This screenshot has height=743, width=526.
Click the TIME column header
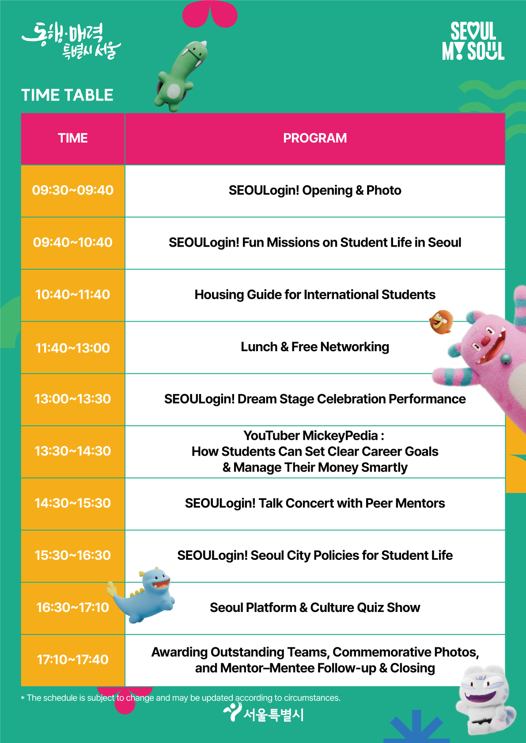73,138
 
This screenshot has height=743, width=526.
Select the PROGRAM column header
315,138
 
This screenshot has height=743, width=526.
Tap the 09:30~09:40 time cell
73,191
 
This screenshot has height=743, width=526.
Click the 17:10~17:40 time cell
73,660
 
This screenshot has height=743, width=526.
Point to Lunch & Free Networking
315,347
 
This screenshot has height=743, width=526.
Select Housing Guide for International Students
315,295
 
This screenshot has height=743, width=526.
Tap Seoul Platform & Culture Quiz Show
315,608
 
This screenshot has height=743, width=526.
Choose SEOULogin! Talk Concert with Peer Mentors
315,503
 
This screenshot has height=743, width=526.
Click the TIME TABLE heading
67,95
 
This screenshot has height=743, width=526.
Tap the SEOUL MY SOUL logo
473,41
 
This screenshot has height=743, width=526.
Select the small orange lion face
441,322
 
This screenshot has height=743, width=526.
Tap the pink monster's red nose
485,341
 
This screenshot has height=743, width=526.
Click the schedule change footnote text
181,698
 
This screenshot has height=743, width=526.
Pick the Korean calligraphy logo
72,41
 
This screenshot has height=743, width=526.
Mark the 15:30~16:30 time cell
73,555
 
